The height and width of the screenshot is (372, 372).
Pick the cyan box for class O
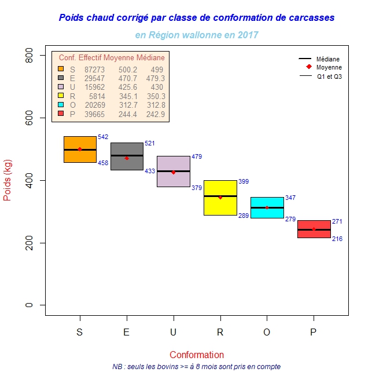[267, 213]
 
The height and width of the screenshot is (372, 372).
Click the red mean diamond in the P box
[314, 229]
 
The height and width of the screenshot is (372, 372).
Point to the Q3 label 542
[103, 137]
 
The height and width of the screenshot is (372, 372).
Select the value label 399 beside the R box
[244, 181]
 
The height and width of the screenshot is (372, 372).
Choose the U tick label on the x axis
[174, 333]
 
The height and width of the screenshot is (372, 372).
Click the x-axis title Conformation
[197, 355]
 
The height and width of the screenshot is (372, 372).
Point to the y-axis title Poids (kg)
[8, 180]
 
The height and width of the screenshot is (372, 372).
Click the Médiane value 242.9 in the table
[156, 114]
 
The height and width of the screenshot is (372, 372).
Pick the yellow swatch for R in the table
[61, 96]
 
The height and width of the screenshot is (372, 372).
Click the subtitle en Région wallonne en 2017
[197, 35]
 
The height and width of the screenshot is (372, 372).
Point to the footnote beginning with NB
[197, 366]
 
